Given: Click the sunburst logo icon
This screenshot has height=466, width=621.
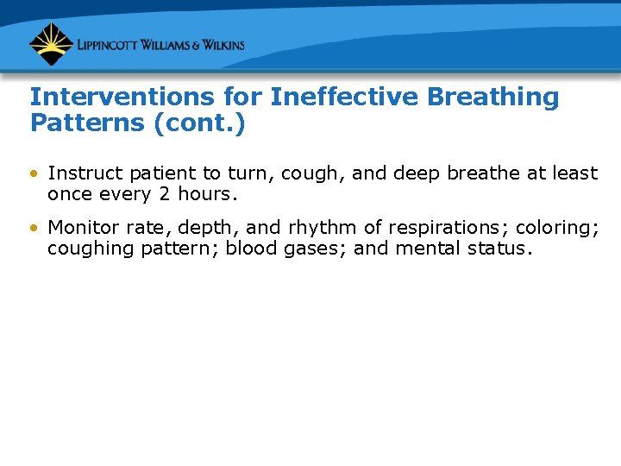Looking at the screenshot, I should (x=51, y=44).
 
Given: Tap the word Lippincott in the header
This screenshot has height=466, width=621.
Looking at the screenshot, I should (x=110, y=45).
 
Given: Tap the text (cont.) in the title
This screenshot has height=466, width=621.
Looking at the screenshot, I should (x=199, y=123).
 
